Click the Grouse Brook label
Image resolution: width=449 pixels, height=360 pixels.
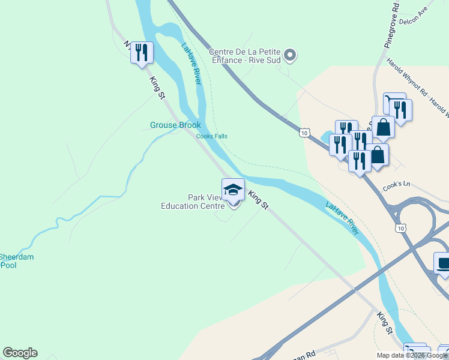(175, 125)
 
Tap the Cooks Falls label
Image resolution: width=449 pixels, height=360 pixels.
(212, 136)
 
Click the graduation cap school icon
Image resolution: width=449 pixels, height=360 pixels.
(233, 191)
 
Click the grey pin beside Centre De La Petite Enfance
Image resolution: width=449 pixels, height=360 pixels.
(290, 56)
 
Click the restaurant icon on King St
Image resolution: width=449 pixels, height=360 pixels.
(142, 52)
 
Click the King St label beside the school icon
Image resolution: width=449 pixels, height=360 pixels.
(258, 199)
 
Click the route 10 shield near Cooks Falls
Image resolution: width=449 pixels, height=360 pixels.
(305, 132)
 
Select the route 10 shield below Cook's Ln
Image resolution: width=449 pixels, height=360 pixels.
(400, 227)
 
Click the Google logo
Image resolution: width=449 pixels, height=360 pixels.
(20, 353)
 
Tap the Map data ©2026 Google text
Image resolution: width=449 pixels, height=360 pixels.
(412, 355)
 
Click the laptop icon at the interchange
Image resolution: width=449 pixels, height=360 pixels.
(444, 263)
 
